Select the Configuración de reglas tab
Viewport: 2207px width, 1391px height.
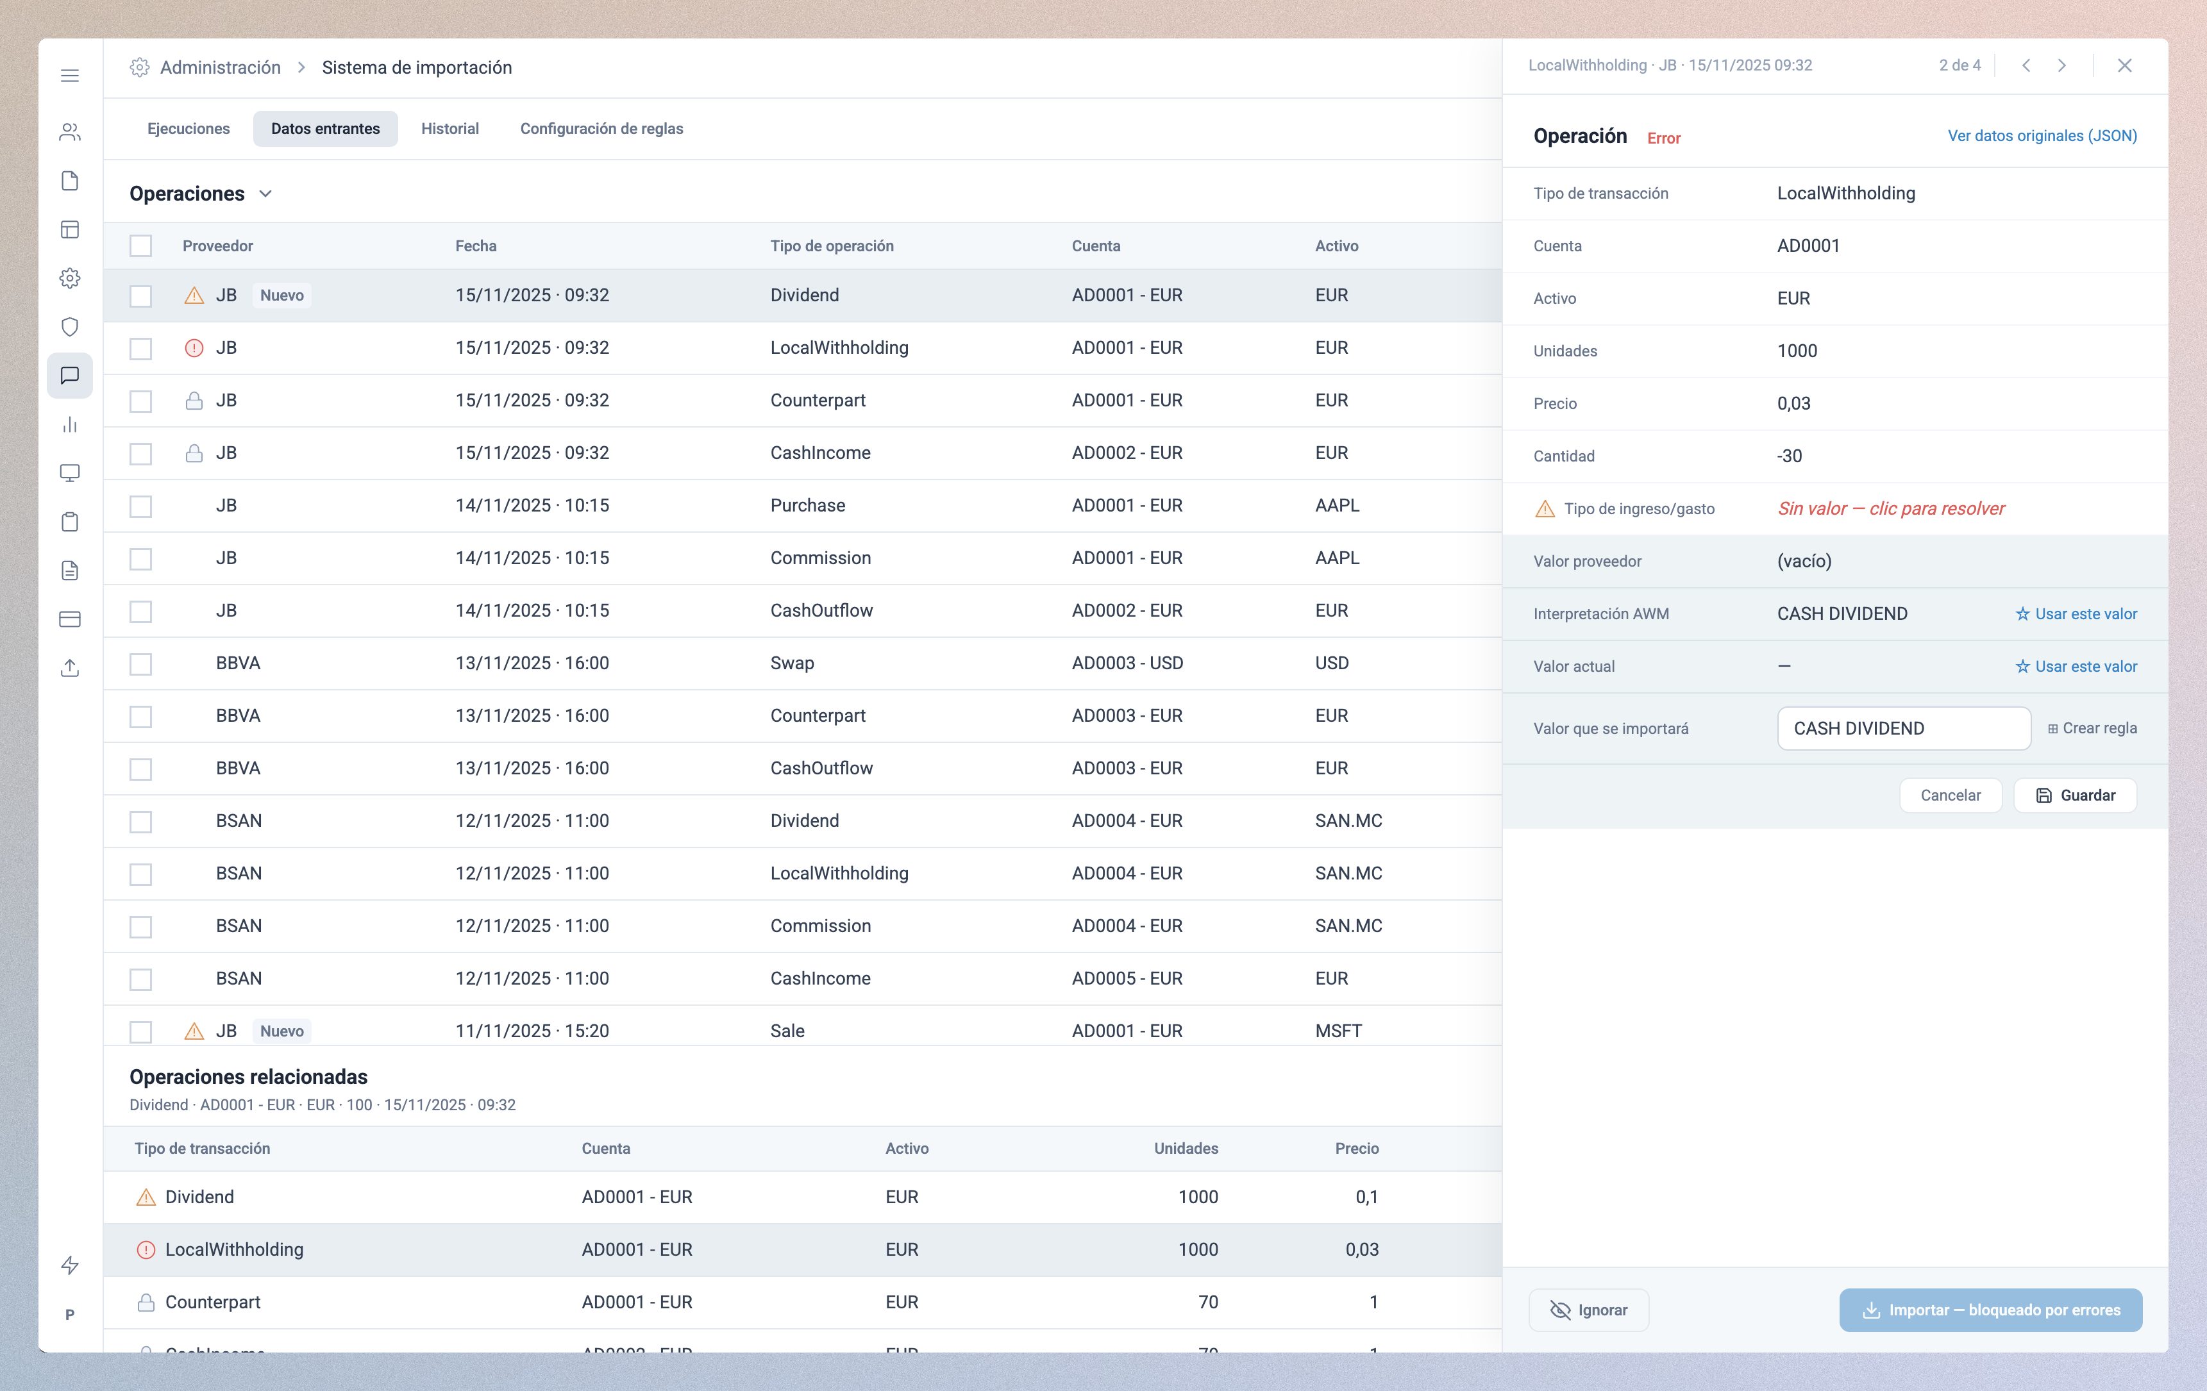point(601,128)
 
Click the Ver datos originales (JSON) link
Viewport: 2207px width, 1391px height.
point(2042,136)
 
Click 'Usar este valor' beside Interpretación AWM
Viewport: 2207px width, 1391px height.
point(2076,614)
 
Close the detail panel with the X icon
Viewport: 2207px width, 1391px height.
point(2124,65)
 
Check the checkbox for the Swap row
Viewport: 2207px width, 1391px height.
point(140,663)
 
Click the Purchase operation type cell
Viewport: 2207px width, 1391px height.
point(807,506)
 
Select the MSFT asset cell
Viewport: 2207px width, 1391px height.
point(1338,1031)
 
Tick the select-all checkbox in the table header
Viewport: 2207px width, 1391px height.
point(140,246)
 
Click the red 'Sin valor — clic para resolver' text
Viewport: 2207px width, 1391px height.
point(1891,508)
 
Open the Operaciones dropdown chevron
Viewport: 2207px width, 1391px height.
point(266,194)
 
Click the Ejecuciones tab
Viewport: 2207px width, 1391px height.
point(188,128)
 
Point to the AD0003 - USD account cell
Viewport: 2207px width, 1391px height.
point(1127,663)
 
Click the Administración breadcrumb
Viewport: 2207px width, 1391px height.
point(220,68)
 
